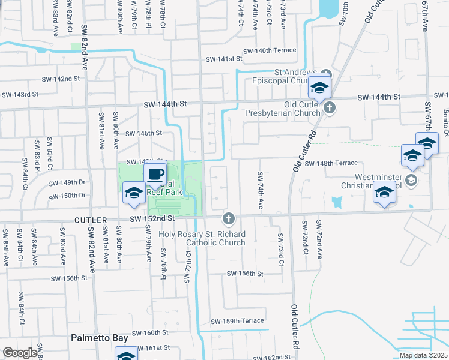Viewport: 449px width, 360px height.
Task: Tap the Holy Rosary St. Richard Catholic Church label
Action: [202, 238]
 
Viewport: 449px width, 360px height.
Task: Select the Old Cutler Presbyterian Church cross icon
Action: [329, 108]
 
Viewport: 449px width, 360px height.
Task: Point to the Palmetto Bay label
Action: [99, 338]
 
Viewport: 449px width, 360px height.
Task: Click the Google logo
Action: [20, 353]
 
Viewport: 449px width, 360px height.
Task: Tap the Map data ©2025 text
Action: [423, 355]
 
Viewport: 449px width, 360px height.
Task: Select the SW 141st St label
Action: [223, 59]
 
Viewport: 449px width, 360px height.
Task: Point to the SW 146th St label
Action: [145, 133]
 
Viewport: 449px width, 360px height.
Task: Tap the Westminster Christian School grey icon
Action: [411, 180]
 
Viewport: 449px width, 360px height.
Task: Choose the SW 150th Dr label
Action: [67, 196]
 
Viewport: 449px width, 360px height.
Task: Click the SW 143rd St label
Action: [20, 94]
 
